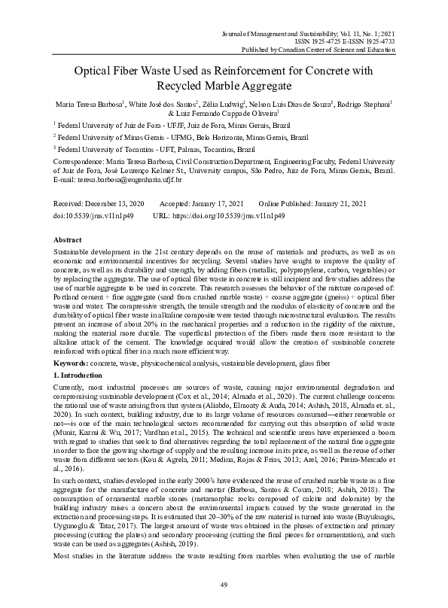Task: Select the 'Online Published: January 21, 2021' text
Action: pos(312,204)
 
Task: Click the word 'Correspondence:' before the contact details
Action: pos(81,161)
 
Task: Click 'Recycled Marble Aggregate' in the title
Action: pos(224,87)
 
